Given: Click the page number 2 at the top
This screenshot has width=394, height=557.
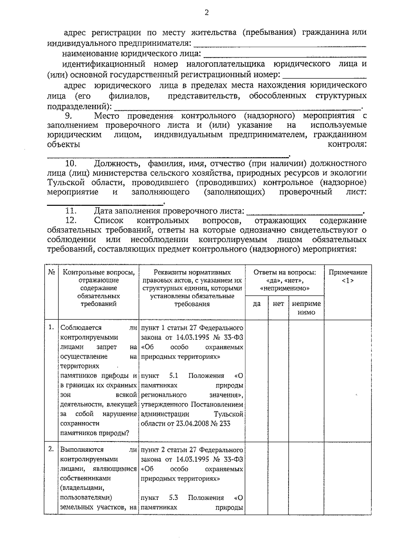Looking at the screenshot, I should pyautogui.click(x=207, y=12).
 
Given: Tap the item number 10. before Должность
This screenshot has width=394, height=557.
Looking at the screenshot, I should pyautogui.click(x=71, y=163).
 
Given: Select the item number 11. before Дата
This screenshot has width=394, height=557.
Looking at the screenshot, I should pyautogui.click(x=71, y=211).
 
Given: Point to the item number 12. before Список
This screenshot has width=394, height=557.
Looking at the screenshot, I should pyautogui.click(x=71, y=220).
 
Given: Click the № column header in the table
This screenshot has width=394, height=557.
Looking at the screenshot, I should pyautogui.click(x=51, y=272).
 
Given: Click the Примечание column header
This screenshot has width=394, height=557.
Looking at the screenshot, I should pyautogui.click(x=348, y=276).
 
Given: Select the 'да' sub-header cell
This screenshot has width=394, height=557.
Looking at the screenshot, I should pyautogui.click(x=257, y=304).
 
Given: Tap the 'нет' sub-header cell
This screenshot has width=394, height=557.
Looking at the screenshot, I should pyautogui.click(x=278, y=304).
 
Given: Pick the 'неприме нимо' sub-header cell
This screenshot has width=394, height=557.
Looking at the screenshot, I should pyautogui.click(x=306, y=308).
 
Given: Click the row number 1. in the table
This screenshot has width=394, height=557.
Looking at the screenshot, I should pyautogui.click(x=51, y=327).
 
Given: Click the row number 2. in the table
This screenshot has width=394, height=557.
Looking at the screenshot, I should pyautogui.click(x=51, y=449).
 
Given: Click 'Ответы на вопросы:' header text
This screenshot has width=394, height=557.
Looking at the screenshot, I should pyautogui.click(x=284, y=272).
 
